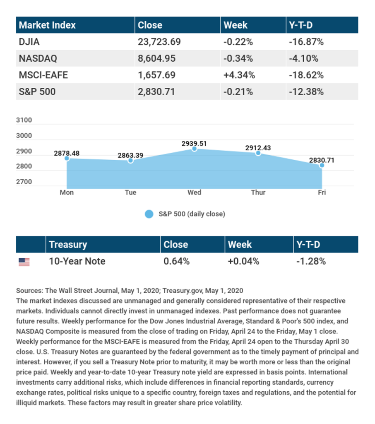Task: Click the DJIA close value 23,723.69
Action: tap(159, 42)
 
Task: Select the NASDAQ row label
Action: tap(38, 58)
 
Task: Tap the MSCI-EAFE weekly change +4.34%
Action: tap(239, 75)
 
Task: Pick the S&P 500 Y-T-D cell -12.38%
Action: tap(306, 92)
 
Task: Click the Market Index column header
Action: tap(48, 25)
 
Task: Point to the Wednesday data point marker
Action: tap(195, 149)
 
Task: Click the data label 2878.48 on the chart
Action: tap(67, 153)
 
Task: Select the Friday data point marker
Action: tap(322, 165)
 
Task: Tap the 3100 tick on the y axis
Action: tap(24, 120)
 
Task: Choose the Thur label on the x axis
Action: tap(258, 193)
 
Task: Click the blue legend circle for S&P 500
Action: tap(149, 214)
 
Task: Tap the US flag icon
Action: tap(24, 262)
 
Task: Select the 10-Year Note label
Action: tap(77, 261)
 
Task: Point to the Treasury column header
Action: tap(68, 245)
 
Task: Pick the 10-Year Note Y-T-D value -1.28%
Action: tap(311, 261)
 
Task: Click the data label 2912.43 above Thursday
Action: tap(258, 148)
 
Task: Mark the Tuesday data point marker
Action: tap(130, 161)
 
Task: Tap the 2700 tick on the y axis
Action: tap(24, 182)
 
